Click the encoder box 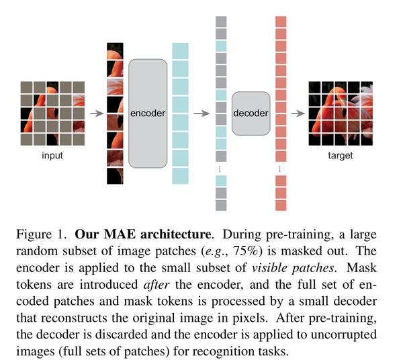pos(147,113)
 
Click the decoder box pos(250,113)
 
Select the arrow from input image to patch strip pos(97,113)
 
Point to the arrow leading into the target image pos(299,113)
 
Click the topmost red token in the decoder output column pos(281,21)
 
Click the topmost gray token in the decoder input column pos(221,21)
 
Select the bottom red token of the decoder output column pos(281,205)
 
